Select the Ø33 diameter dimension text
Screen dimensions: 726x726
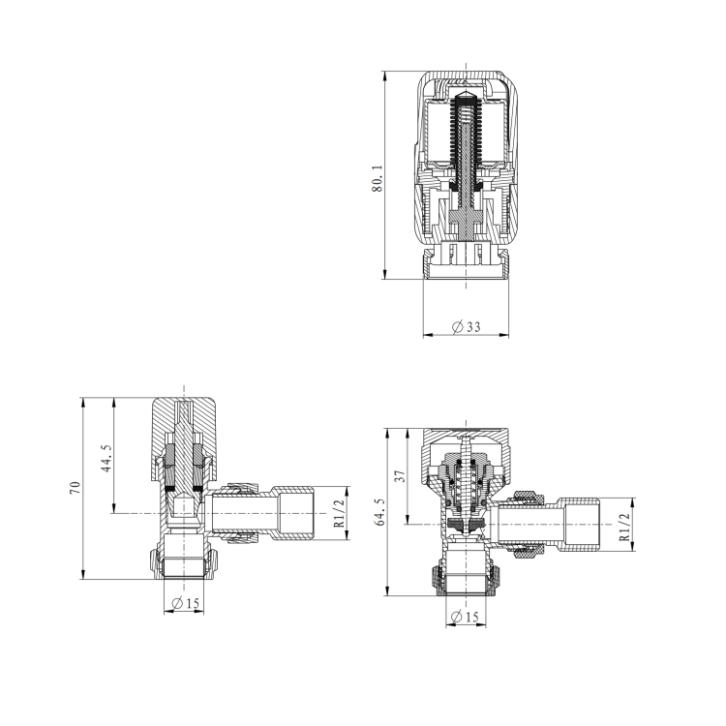point(467,327)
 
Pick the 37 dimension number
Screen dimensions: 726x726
point(399,476)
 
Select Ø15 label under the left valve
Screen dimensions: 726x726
point(185,603)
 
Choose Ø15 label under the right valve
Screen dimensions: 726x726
point(466,617)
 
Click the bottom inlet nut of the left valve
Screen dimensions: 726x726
point(185,563)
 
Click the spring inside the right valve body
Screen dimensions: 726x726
point(466,484)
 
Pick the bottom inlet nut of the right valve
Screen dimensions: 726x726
point(466,579)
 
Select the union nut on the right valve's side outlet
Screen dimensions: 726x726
point(527,525)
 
